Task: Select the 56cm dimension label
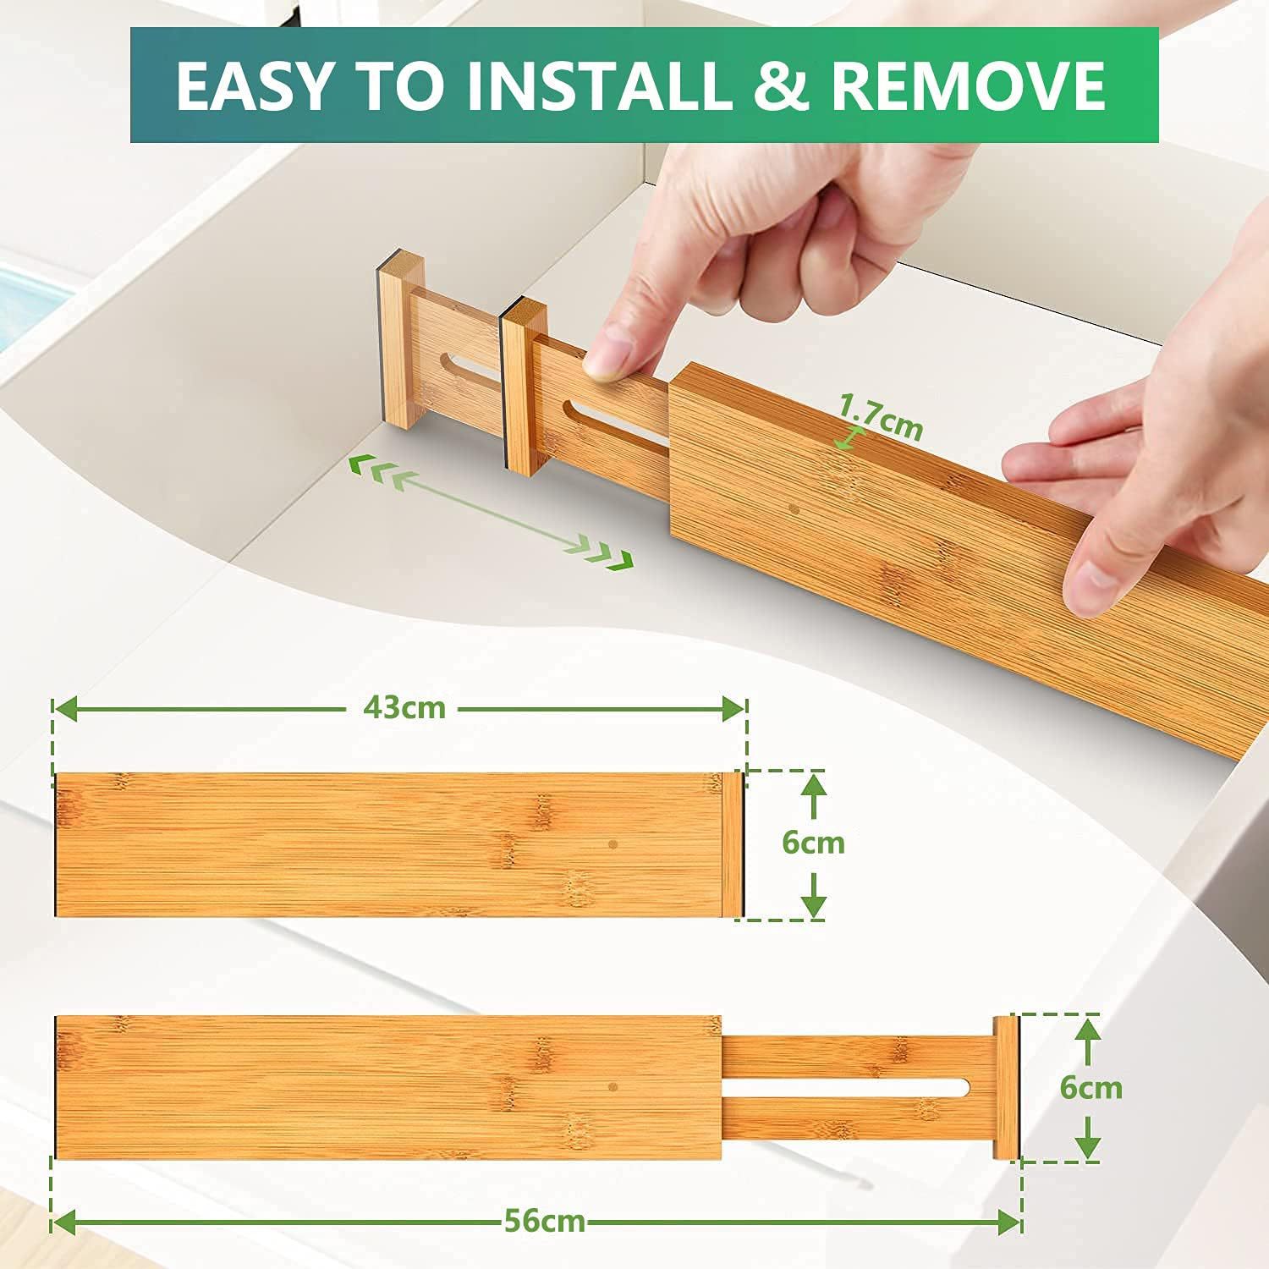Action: [x=545, y=1221]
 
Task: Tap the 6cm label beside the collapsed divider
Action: [x=813, y=843]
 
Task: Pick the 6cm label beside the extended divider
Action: [x=1090, y=1087]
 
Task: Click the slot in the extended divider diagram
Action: [x=846, y=1087]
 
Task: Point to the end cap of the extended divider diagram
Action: [x=1006, y=1087]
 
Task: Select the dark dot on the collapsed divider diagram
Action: [x=613, y=844]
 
